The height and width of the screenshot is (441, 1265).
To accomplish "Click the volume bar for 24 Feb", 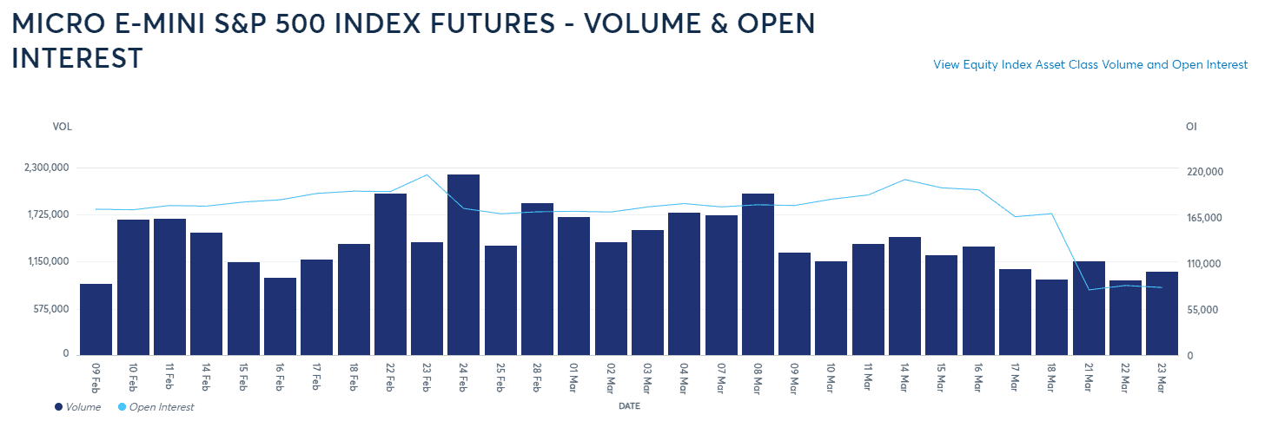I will point(463,265).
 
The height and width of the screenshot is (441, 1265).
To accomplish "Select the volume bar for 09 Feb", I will point(96,319).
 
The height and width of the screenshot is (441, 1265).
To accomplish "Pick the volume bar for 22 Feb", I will point(390,273).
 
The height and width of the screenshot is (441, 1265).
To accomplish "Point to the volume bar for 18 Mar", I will point(1051,317).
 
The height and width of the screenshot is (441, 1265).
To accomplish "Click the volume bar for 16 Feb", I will point(280,316).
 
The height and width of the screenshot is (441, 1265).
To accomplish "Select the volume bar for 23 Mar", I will point(1162,313).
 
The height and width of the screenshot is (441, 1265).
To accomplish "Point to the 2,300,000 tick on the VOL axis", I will point(45,168).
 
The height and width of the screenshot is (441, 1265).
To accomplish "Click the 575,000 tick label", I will point(50,308).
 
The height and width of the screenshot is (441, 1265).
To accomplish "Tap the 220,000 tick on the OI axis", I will point(1203,172).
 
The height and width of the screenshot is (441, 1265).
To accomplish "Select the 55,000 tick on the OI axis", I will point(1206,310).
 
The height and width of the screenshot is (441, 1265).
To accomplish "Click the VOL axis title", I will point(62,127).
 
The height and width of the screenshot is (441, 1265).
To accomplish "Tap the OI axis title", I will point(1191,127).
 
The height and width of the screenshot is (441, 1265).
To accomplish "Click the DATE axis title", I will point(630,405).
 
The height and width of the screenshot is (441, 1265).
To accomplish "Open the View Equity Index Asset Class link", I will point(1090,65).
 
